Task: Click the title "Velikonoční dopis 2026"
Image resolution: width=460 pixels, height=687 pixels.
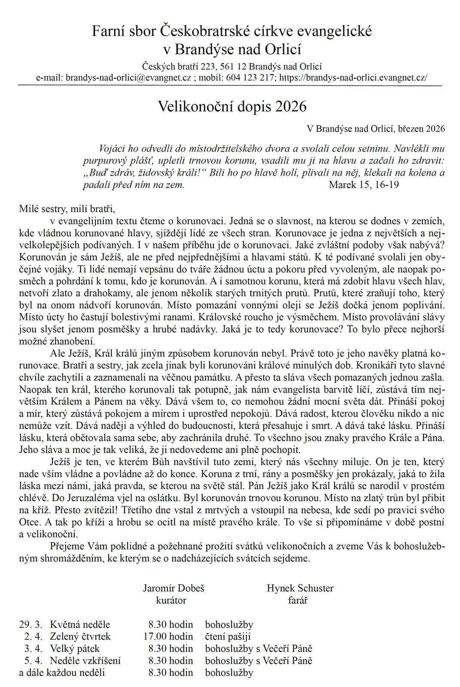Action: [x=232, y=106]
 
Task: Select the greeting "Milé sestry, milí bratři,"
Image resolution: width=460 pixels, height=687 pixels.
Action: [x=67, y=210]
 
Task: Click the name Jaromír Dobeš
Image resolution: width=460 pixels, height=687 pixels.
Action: [x=171, y=588]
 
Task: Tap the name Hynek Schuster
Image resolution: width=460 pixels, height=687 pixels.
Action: [x=300, y=588]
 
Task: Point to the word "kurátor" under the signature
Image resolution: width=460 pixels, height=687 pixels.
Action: [x=171, y=600]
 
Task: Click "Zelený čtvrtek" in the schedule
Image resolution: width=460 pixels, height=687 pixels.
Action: [x=80, y=637]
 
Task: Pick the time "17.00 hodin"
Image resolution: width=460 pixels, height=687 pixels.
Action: [x=168, y=637]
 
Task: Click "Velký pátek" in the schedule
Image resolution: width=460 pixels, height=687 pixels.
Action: [x=75, y=649]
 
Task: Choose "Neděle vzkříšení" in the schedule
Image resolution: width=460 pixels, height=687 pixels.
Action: [x=85, y=661]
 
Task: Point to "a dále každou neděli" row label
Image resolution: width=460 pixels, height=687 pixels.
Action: [x=62, y=673]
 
